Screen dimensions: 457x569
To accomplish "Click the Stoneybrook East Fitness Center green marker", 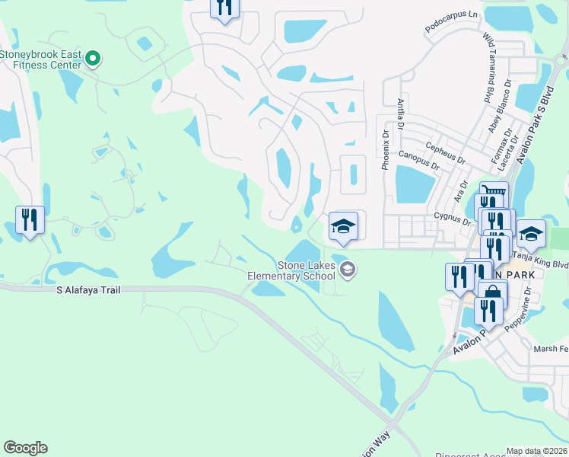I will click(x=93, y=58).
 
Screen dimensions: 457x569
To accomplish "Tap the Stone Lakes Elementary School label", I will click(x=306, y=271).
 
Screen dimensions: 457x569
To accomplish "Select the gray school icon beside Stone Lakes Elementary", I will click(x=348, y=268).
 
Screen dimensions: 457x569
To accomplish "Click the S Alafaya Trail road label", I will click(x=88, y=290).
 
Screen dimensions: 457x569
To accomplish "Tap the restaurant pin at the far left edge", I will click(x=30, y=221).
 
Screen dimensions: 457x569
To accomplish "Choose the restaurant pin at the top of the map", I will click(x=224, y=8).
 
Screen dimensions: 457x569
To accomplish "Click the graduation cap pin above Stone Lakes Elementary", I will click(x=343, y=226).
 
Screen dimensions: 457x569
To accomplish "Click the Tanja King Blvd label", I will click(x=542, y=260).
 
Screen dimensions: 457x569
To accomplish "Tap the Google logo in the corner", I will click(x=25, y=448).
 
